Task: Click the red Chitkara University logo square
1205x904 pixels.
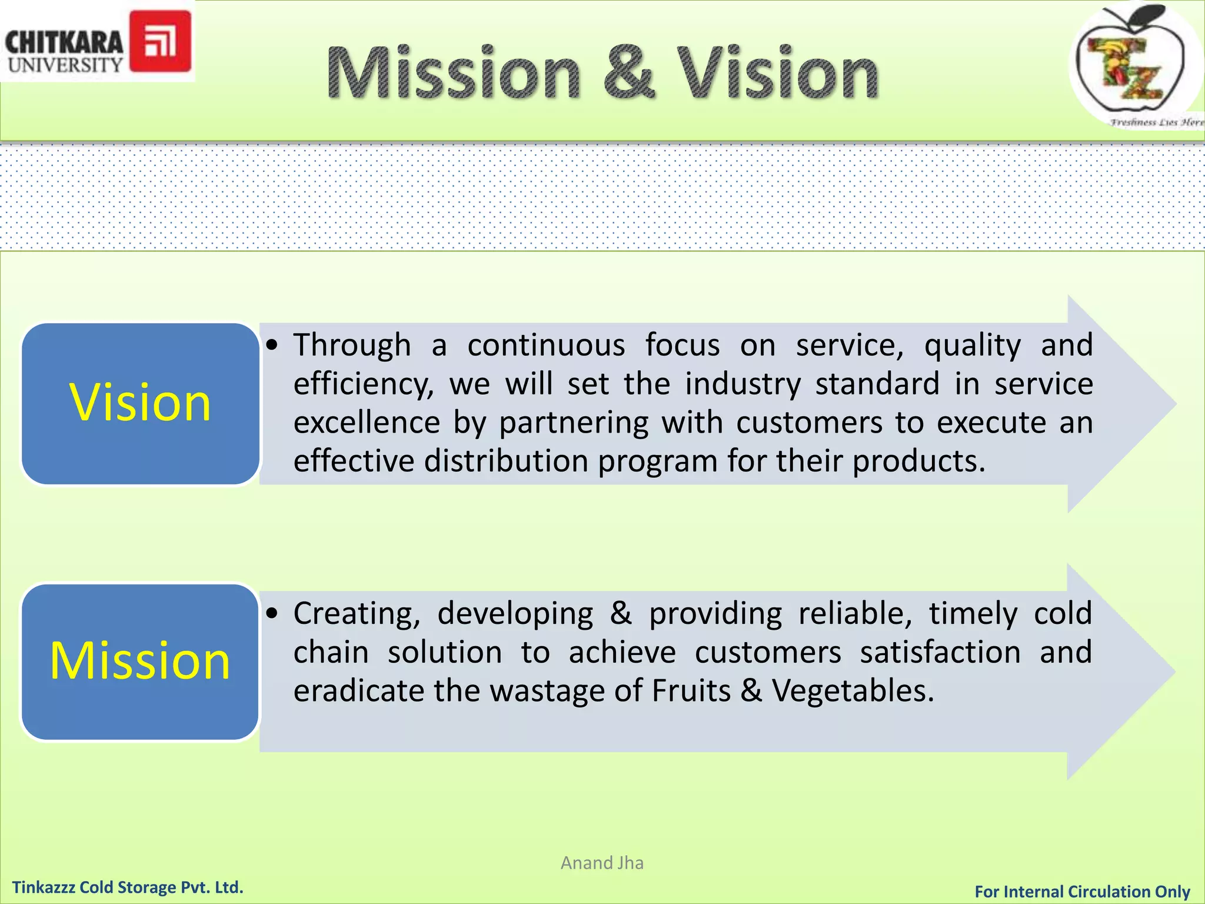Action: pyautogui.click(x=160, y=41)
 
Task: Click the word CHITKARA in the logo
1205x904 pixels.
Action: pyautogui.click(x=64, y=42)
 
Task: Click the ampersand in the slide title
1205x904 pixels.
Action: pyautogui.click(x=629, y=73)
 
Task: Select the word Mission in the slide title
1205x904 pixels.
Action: pyautogui.click(x=454, y=73)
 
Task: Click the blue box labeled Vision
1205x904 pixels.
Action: pyautogui.click(x=140, y=403)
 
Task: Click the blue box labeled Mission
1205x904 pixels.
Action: pyautogui.click(x=140, y=661)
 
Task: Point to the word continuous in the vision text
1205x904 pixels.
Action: pyautogui.click(x=546, y=345)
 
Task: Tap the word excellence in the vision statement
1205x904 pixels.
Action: pyautogui.click(x=367, y=423)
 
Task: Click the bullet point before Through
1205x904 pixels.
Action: pyautogui.click(x=271, y=345)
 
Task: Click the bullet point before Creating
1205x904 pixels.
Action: pyautogui.click(x=271, y=614)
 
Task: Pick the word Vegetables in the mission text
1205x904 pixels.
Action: pyautogui.click(x=853, y=691)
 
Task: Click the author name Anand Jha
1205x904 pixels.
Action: pyautogui.click(x=602, y=863)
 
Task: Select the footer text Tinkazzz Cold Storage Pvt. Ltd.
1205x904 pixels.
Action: pyautogui.click(x=128, y=887)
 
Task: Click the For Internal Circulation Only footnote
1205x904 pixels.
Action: pyautogui.click(x=1082, y=892)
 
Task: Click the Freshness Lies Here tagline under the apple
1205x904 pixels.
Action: pyautogui.click(x=1156, y=122)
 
